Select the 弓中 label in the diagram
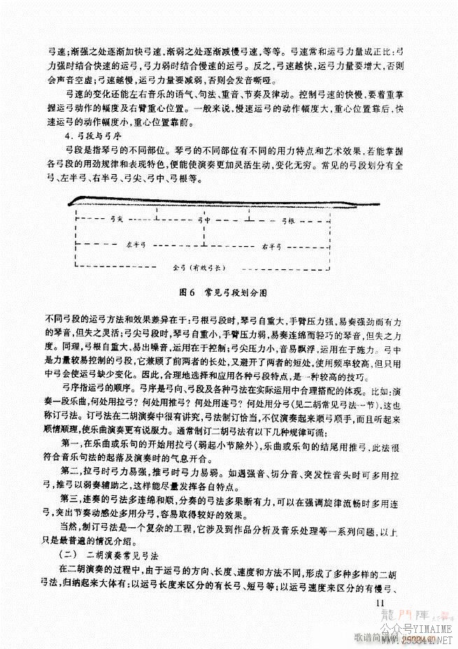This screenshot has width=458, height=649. click(x=204, y=220)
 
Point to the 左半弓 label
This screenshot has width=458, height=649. click(x=135, y=245)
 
